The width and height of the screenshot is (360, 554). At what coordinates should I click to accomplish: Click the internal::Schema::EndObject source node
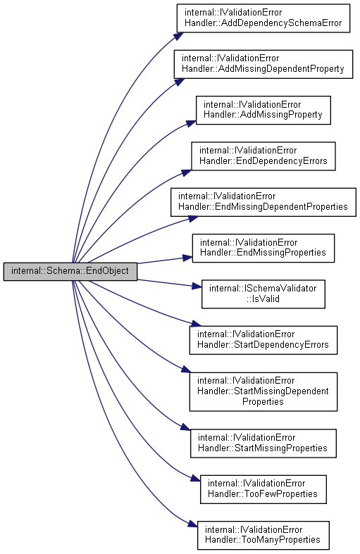pos(70,271)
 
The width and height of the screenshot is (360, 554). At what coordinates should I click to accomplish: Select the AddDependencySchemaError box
pos(263,18)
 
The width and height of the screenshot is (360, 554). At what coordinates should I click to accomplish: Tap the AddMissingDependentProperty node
pos(263,64)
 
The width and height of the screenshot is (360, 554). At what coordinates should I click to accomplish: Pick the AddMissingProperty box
pos(263,111)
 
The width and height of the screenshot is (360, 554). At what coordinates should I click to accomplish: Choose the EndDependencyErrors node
pos(263,156)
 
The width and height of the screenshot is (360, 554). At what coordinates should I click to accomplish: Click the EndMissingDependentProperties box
pos(263,202)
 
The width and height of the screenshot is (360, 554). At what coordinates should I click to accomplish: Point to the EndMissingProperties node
pos(263,248)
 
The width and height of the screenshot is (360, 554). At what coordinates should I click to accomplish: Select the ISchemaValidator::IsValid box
pos(263,294)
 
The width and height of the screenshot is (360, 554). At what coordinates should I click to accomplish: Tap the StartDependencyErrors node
pos(263,340)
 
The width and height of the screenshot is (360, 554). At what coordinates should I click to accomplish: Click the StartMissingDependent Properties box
pos(263,391)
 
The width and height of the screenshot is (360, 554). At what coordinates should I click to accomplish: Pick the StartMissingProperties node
pos(263,443)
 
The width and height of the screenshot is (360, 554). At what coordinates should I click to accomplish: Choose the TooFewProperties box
pos(263,489)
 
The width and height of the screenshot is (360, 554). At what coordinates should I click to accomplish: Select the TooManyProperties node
pos(263,535)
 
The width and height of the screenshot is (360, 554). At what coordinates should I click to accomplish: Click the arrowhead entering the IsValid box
pos(197,287)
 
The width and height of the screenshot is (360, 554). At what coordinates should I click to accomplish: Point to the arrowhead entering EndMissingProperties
pos(187,258)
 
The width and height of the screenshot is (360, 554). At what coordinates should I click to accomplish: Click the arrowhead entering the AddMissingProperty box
pos(192,123)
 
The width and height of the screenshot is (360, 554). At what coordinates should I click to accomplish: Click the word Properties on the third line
pos(263,402)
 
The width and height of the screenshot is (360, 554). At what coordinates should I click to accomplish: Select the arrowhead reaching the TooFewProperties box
pos(196,479)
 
